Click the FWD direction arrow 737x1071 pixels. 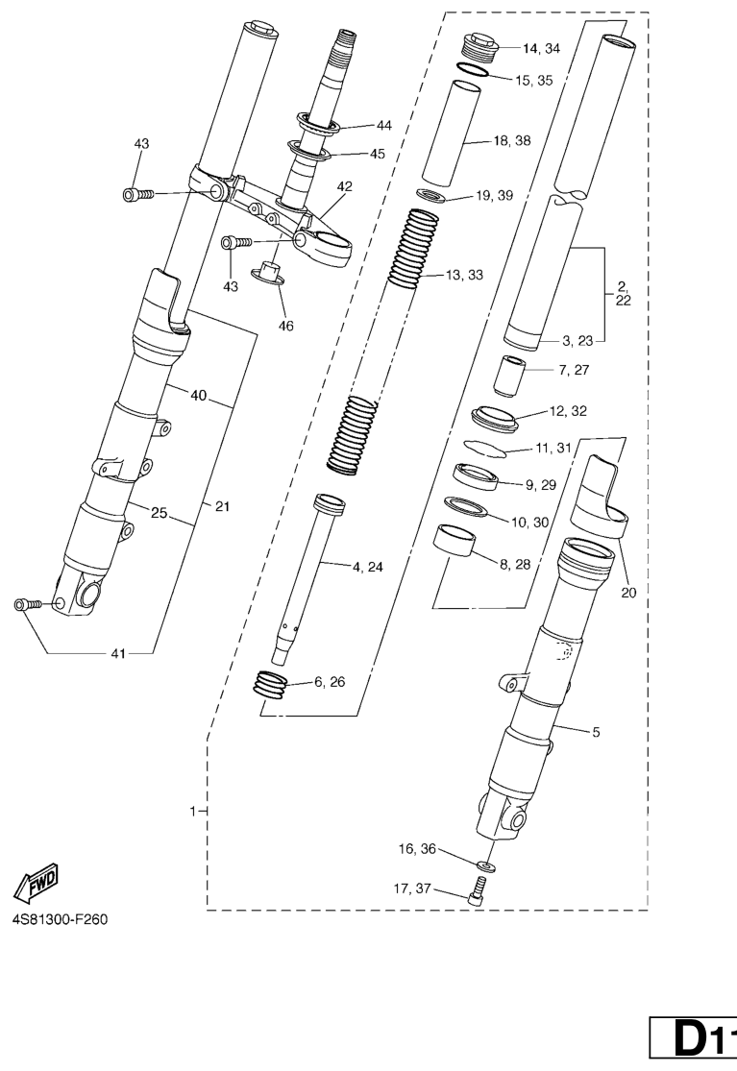pyautogui.click(x=37, y=883)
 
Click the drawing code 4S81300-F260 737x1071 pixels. pyautogui.click(x=60, y=919)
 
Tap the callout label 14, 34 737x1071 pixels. pyautogui.click(x=541, y=48)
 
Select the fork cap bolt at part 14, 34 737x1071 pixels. pyautogui.click(x=479, y=46)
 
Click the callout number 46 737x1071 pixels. pyautogui.click(x=285, y=327)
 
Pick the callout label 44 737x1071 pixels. pyautogui.click(x=383, y=126)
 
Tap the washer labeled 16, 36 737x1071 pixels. pyautogui.click(x=486, y=865)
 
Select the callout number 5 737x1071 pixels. pyautogui.click(x=596, y=732)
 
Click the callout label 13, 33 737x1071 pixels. pyautogui.click(x=464, y=276)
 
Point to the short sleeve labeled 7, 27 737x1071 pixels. pyautogui.click(x=509, y=375)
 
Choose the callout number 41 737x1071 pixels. pyautogui.click(x=118, y=654)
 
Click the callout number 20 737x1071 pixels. pyautogui.click(x=628, y=593)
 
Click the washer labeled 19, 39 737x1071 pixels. pyautogui.click(x=431, y=195)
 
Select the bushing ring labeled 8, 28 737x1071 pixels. pyautogui.click(x=454, y=542)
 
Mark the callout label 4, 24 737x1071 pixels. pyautogui.click(x=368, y=567)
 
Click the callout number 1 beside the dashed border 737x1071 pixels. pyautogui.click(x=193, y=812)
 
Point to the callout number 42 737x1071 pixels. pyautogui.click(x=344, y=186)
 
